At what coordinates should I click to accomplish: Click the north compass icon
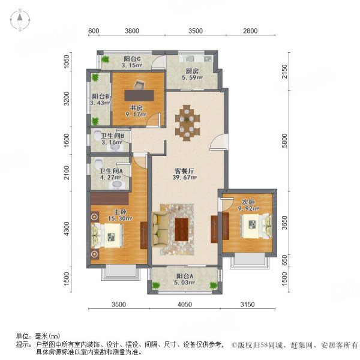(x=20, y=20)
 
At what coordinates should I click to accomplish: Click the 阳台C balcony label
(x=132, y=58)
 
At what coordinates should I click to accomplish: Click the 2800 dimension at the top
(x=250, y=31)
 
